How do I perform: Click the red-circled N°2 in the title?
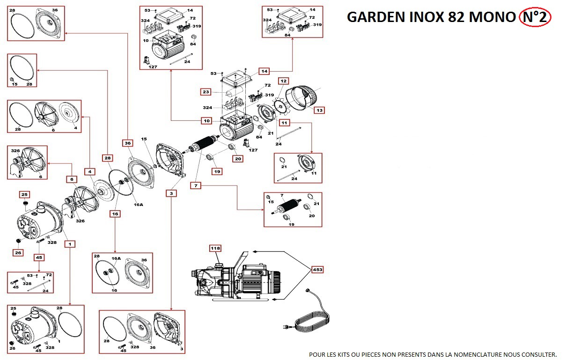(x=535, y=17)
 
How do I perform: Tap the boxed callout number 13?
(x=319, y=110)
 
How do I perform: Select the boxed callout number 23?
(x=206, y=92)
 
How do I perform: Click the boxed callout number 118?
(x=215, y=248)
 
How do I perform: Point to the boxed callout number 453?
(x=318, y=270)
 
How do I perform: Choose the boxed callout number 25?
(x=25, y=194)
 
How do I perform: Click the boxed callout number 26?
(x=18, y=253)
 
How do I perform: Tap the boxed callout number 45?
(x=39, y=257)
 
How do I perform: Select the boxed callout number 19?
(x=217, y=172)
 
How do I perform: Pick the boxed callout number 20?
(x=238, y=159)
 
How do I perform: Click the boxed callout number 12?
(x=283, y=81)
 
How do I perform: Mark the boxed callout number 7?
(x=196, y=185)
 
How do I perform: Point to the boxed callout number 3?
(x=172, y=193)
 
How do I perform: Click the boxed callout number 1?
(x=71, y=244)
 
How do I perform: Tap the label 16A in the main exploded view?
(x=138, y=204)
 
